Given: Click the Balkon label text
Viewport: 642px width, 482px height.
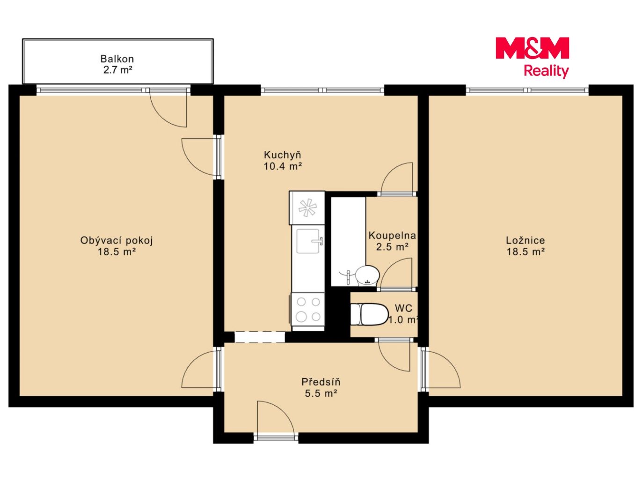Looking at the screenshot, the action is click(117, 59).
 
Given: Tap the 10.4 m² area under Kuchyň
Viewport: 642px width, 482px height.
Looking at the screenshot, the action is click(283, 166).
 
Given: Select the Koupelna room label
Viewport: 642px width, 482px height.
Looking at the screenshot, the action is click(392, 235).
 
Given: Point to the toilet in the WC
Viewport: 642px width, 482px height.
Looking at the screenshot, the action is click(369, 314).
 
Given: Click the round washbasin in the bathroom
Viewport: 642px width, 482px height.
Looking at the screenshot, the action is click(367, 275).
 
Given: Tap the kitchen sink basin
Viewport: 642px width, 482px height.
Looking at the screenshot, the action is click(308, 241).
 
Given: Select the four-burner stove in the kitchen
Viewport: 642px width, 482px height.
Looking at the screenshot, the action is click(308, 309).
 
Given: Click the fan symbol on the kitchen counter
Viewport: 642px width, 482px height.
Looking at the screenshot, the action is click(307, 208).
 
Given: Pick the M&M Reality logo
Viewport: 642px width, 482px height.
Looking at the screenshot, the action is click(533, 57).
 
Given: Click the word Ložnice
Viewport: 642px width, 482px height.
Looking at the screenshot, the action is click(525, 240).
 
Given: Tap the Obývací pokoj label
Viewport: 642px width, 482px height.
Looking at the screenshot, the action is click(117, 240).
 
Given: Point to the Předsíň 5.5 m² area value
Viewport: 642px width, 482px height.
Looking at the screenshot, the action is click(321, 393).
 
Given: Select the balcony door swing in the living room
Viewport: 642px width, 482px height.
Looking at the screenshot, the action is click(169, 108).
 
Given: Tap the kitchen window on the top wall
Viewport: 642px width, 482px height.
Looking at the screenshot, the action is click(322, 90).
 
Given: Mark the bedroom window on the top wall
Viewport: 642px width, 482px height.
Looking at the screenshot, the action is click(527, 90).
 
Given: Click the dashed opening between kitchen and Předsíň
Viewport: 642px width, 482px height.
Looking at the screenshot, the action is click(259, 337).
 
